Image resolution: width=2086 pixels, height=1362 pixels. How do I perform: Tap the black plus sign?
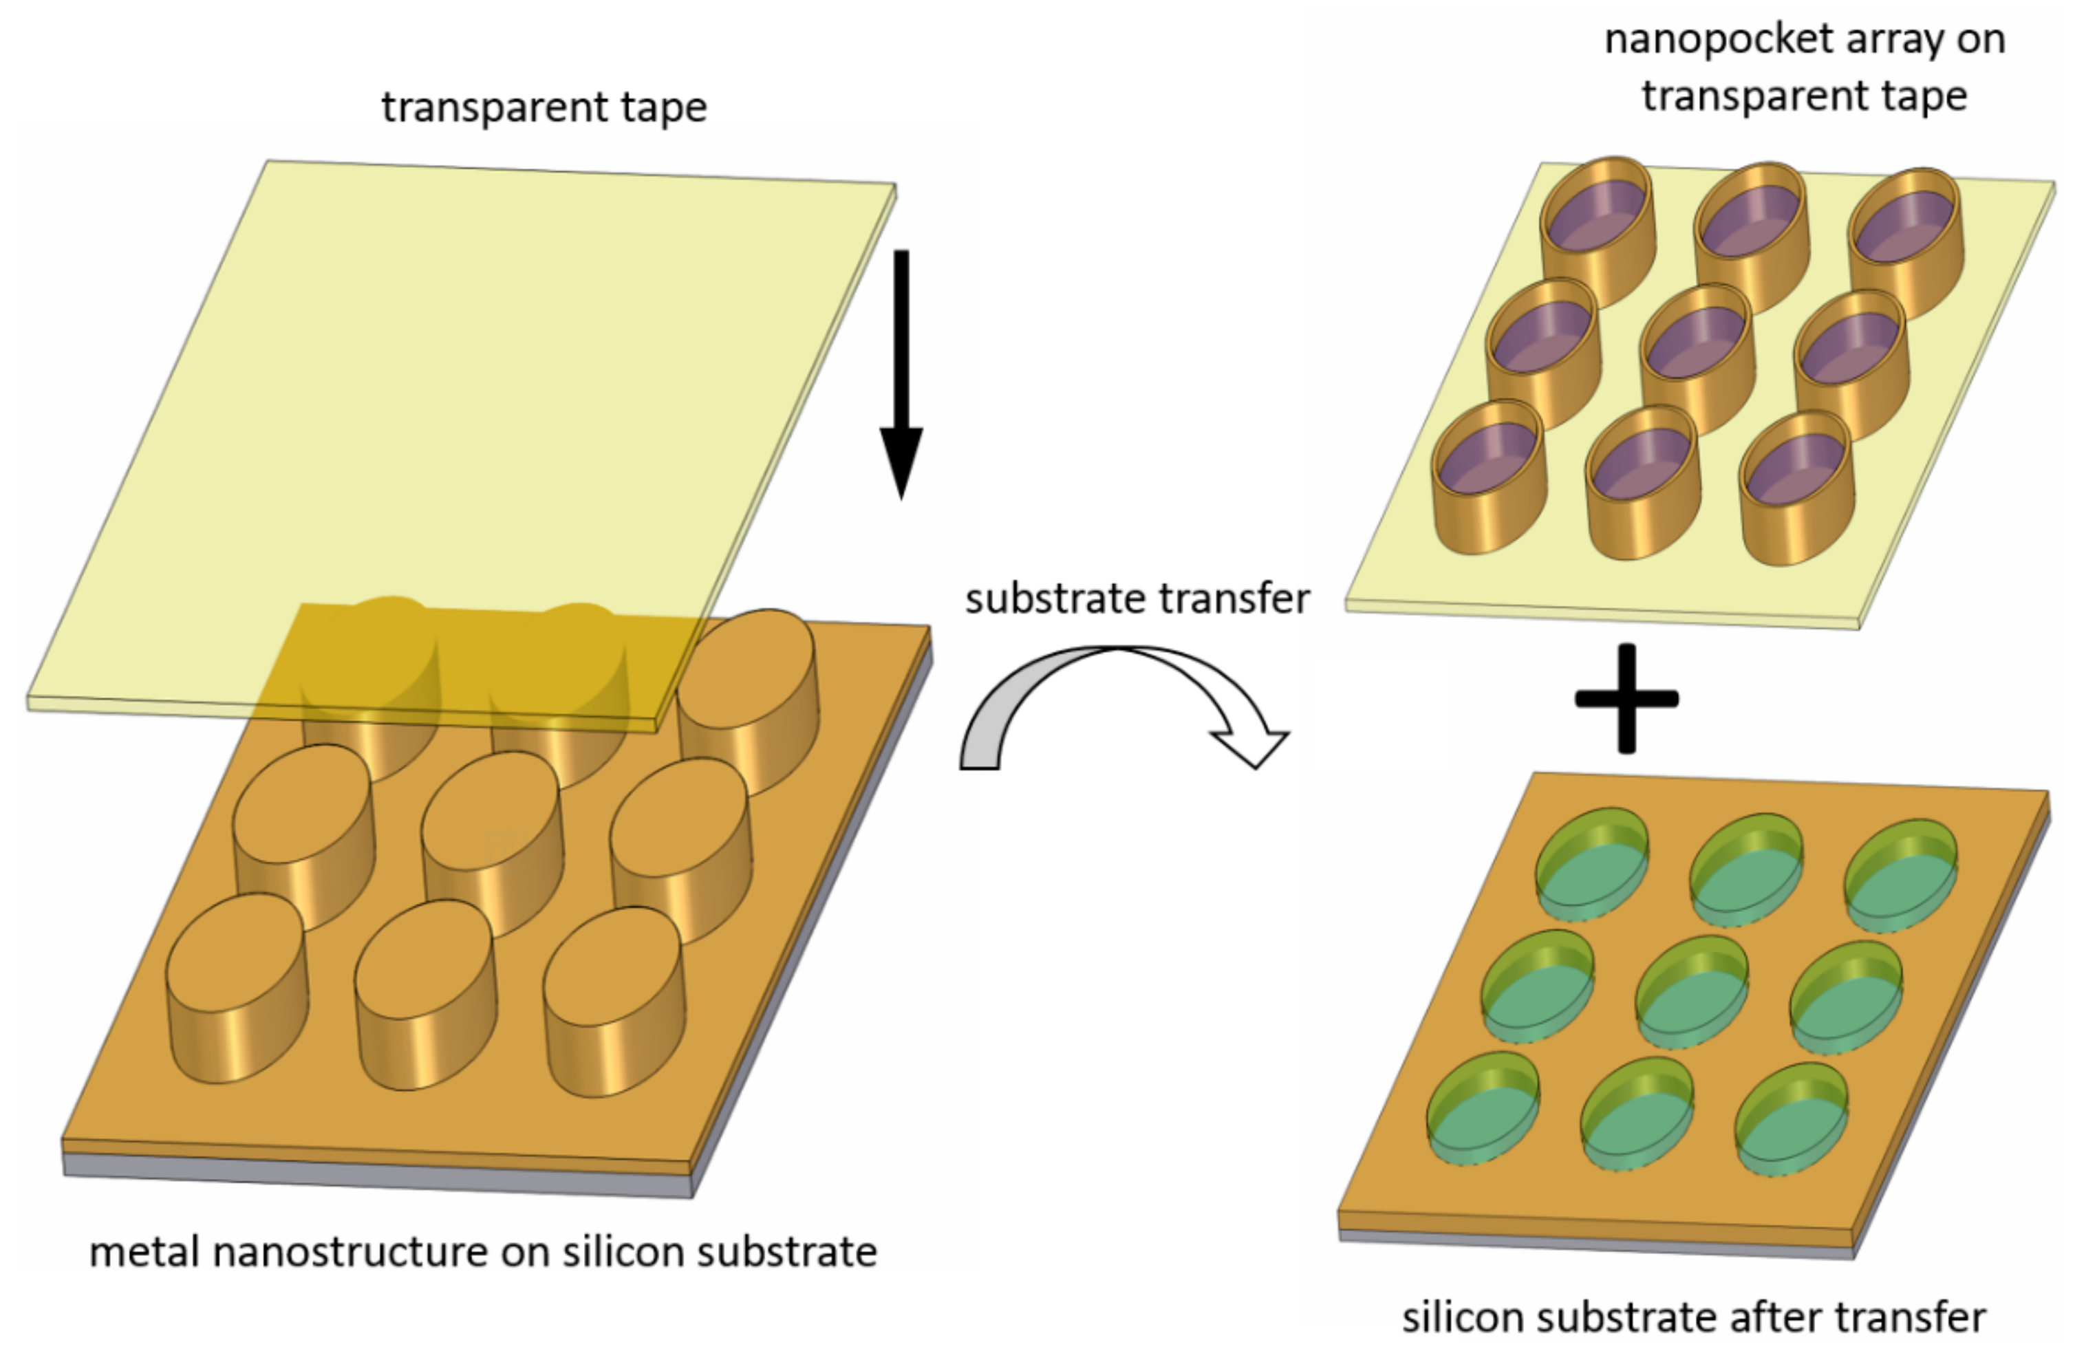1626,698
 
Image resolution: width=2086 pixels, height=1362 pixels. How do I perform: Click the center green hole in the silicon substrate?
1692,991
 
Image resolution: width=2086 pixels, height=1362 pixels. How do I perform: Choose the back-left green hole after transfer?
1591,863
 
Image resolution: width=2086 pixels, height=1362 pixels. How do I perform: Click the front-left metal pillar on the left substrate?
237,986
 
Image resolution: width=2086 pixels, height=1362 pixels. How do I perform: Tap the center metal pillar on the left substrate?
492,842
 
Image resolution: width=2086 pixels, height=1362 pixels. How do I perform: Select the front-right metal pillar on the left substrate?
614,999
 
